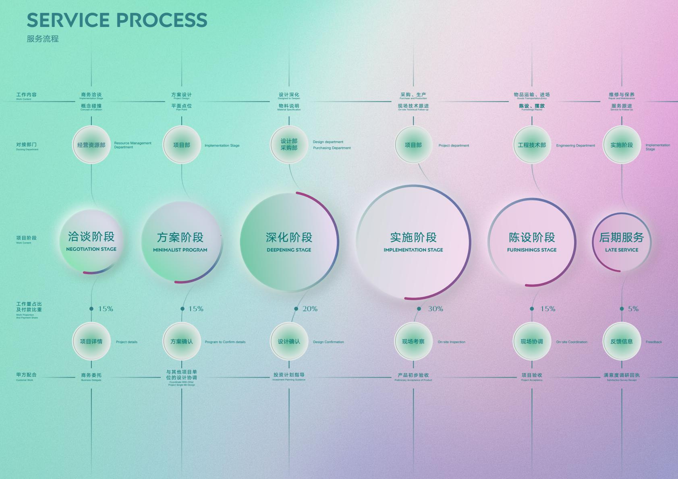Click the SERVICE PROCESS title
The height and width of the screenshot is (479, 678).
(x=117, y=20)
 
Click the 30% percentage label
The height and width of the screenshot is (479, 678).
(x=435, y=309)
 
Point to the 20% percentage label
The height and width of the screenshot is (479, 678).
(x=310, y=309)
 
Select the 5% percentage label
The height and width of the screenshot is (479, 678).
(x=633, y=309)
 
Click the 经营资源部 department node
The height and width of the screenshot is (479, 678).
(x=91, y=145)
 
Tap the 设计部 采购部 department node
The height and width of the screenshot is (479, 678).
(x=289, y=145)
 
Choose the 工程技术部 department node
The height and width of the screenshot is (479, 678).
(x=532, y=145)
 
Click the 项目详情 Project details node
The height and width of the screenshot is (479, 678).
(x=91, y=341)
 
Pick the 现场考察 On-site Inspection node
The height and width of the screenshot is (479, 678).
(x=413, y=341)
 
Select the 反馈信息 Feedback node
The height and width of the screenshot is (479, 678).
(x=622, y=341)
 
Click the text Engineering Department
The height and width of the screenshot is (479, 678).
(x=575, y=146)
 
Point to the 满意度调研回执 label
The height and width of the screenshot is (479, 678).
(x=622, y=375)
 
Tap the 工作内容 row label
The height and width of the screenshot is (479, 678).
(x=26, y=95)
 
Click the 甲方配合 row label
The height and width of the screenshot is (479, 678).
(x=26, y=375)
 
